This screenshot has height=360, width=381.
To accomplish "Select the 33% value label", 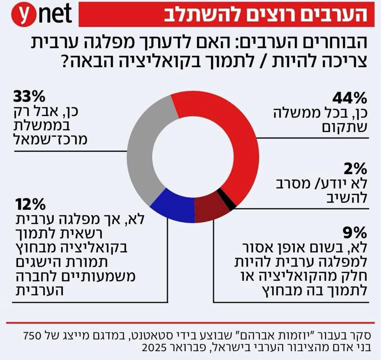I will [x=29, y=97].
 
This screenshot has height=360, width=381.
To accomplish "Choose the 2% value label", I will [x=355, y=169].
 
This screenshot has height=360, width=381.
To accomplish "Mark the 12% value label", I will [x=29, y=205].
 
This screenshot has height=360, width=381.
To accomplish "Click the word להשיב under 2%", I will [x=347, y=198].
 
